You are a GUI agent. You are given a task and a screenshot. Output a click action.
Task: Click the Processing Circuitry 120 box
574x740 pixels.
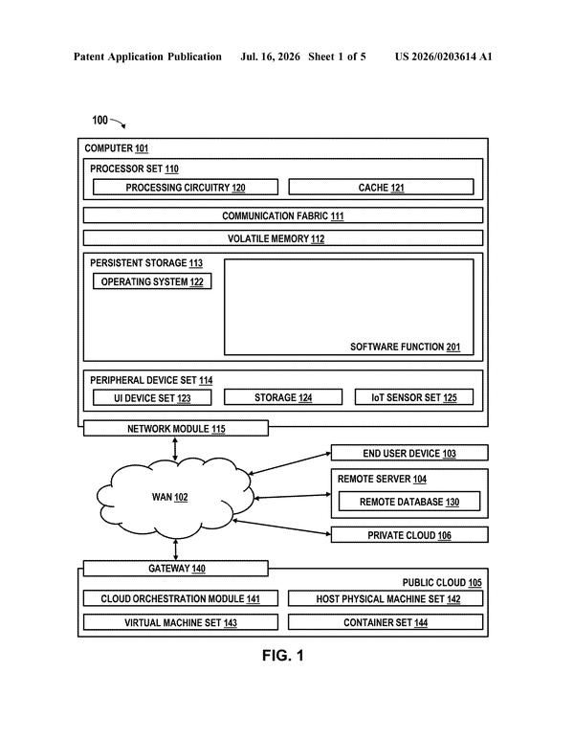186,187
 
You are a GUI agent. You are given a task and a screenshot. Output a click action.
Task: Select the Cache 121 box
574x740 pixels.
381,187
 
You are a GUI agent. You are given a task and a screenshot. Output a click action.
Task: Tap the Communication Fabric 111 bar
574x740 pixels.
283,215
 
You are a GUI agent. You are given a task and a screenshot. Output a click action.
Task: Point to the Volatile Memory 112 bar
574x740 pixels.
283,237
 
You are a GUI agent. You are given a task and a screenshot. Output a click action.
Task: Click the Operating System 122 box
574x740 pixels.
152,281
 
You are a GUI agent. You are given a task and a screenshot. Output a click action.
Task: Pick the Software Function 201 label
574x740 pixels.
406,347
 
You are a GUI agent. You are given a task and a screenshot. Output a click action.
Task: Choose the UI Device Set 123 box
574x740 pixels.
152,397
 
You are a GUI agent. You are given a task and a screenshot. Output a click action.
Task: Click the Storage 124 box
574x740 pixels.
283,397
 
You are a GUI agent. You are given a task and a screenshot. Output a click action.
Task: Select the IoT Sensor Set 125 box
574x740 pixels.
414,397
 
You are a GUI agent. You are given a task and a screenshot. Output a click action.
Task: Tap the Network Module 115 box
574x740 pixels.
176,428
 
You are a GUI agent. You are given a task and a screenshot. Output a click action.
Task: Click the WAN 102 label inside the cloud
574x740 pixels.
169,497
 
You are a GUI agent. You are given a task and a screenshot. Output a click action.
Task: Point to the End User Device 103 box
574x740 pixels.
409,453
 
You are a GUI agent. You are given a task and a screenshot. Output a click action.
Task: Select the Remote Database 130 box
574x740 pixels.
409,502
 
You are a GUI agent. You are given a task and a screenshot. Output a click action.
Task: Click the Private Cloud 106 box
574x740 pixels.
409,535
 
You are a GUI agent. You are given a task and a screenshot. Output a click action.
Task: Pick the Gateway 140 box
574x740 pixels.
176,569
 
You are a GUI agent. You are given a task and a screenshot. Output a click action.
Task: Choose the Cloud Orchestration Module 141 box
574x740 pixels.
181,598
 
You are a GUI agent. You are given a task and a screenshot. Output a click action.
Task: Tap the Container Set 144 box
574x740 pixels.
386,622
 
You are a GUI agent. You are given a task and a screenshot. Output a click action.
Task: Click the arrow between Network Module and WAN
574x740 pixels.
175,449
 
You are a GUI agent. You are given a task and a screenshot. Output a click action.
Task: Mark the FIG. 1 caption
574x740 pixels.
283,655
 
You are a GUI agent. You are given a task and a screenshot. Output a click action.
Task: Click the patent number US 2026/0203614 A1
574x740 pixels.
443,56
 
